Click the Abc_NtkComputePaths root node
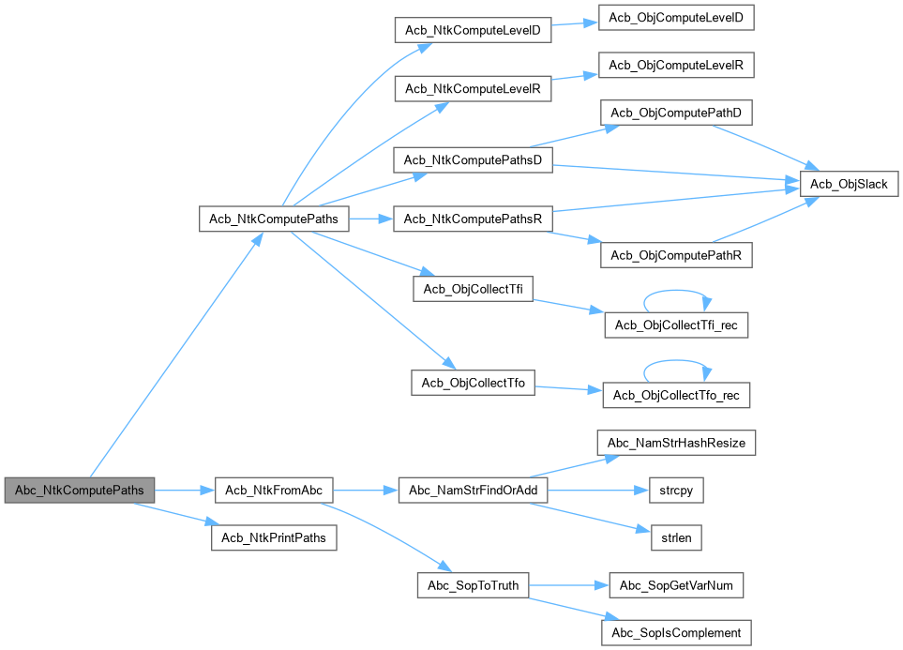click(x=80, y=491)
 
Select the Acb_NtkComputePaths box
click(x=274, y=219)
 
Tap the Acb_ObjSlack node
click(x=849, y=184)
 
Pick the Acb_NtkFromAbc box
click(x=274, y=491)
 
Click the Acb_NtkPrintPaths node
click(x=274, y=537)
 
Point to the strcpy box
click(x=676, y=491)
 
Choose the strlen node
click(x=676, y=537)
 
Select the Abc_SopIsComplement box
click(x=676, y=633)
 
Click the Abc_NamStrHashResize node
click(x=676, y=443)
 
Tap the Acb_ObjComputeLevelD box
click(x=676, y=17)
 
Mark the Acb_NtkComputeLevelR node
click(x=473, y=89)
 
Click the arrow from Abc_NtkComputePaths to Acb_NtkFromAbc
click(x=185, y=491)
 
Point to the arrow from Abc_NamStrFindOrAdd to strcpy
click(x=598, y=491)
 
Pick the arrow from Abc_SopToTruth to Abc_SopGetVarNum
click(x=569, y=585)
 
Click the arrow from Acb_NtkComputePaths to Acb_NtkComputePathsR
click(x=371, y=219)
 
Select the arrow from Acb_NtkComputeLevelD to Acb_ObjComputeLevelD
click(x=575, y=23)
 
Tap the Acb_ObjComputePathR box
click(x=676, y=255)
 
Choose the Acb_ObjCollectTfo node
click(x=473, y=384)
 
